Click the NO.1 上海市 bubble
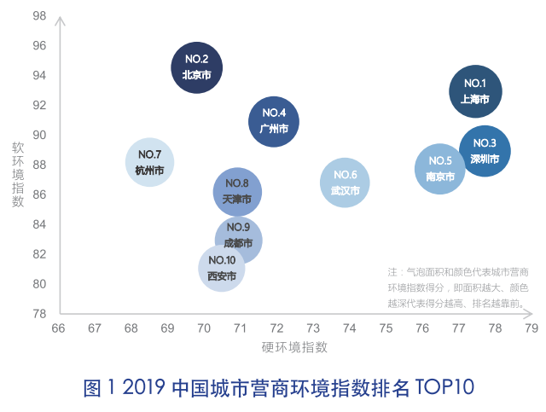tap(475, 91)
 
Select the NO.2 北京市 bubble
tap(196, 67)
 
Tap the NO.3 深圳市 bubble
tap(485, 151)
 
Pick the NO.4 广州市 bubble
tap(274, 121)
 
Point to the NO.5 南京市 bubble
tap(440, 169)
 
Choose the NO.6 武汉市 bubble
tap(345, 183)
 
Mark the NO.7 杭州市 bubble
tap(149, 162)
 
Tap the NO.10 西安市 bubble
tap(222, 268)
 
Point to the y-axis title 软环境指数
tap(18, 174)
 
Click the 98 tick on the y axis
tap(39, 16)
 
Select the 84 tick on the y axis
tap(39, 224)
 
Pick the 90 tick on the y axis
tap(39, 135)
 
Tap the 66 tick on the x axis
tap(58, 328)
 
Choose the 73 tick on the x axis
tap(313, 328)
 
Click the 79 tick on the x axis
tap(531, 328)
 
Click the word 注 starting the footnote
tap(393, 272)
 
